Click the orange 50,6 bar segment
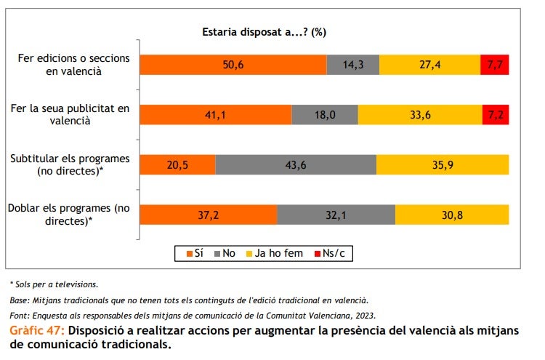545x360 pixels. click(233, 65)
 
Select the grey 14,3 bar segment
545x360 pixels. click(353, 65)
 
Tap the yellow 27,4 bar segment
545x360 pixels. click(429, 65)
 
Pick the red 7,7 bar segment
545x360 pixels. click(494, 65)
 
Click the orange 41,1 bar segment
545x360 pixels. click(215, 115)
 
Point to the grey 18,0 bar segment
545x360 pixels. click(325, 115)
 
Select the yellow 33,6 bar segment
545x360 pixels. click(420, 115)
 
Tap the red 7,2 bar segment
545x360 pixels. click(496, 115)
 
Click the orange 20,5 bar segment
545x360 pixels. click(177, 164)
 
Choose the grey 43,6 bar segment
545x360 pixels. click(296, 164)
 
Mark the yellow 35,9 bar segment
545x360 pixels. click(443, 164)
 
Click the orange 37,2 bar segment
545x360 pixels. click(208, 215)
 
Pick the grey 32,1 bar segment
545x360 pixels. click(336, 215)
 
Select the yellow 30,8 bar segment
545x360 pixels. click(452, 215)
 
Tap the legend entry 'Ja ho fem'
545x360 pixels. click(277, 253)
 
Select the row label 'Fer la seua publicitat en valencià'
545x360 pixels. click(70, 115)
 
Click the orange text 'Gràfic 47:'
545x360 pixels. click(37, 331)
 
